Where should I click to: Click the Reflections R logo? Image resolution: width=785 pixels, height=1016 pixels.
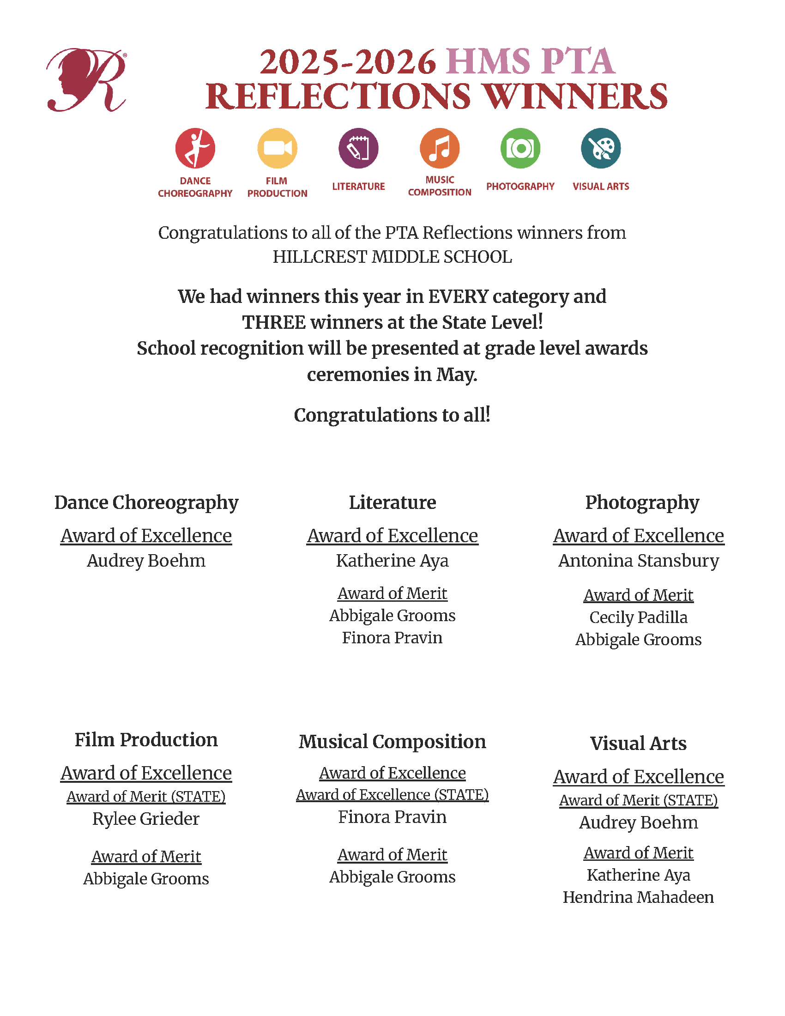(86, 80)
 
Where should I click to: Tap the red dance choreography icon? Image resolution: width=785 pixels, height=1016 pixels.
(195, 148)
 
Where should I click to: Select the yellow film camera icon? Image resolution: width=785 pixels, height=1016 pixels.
(277, 148)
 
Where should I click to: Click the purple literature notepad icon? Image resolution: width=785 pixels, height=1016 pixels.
(358, 148)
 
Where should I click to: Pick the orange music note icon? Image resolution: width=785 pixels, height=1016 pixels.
(440, 148)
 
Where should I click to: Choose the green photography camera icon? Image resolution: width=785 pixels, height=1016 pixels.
(520, 148)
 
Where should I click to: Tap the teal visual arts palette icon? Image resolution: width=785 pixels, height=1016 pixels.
(601, 148)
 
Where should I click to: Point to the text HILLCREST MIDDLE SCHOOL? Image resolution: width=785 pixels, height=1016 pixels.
(392, 257)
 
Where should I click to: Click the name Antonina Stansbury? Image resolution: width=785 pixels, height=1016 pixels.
(639, 561)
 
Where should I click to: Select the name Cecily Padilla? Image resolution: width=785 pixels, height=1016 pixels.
(639, 617)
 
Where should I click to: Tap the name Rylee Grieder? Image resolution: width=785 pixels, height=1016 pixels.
(146, 819)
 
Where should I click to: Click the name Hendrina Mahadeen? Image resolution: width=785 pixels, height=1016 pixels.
(638, 897)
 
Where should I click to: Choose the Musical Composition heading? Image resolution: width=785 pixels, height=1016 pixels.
(392, 742)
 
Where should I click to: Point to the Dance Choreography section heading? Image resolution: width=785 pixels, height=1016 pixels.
(146, 502)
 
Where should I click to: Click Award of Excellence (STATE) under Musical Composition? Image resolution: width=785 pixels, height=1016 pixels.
(392, 795)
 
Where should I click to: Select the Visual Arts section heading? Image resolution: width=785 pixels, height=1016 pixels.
(638, 744)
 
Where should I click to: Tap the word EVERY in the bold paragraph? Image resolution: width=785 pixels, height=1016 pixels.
(458, 296)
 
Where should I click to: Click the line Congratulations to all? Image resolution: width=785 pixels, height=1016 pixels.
(392, 415)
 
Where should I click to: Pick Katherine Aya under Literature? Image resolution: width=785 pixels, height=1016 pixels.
(392, 561)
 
